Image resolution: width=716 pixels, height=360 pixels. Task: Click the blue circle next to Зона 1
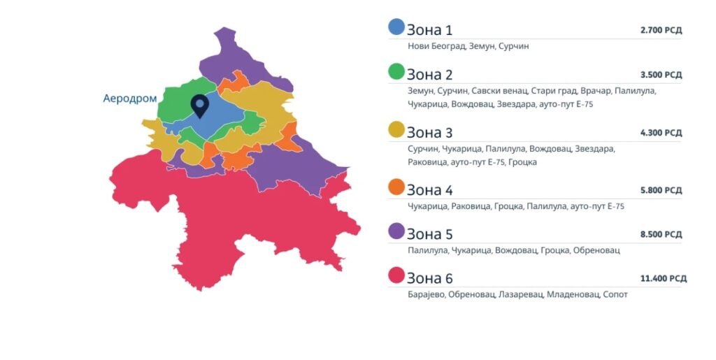click(396, 27)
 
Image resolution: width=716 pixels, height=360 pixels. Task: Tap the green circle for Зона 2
click(396, 71)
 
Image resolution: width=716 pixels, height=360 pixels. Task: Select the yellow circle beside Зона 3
click(396, 129)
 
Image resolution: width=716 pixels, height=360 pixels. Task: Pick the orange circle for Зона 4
click(396, 187)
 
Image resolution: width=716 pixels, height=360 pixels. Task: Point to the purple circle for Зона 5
click(396, 231)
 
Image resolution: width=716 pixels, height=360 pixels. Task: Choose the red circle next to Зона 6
click(396, 275)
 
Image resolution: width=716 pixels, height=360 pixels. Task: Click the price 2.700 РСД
click(661, 31)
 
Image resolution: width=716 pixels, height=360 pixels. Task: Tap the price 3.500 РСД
click(661, 75)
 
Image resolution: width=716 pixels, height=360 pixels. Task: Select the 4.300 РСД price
click(661, 133)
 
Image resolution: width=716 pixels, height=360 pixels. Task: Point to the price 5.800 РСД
click(661, 190)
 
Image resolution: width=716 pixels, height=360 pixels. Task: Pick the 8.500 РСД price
click(661, 234)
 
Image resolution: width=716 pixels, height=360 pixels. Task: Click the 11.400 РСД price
click(663, 278)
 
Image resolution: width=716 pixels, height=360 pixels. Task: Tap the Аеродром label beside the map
click(130, 99)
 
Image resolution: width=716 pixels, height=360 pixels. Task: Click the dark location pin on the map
click(200, 106)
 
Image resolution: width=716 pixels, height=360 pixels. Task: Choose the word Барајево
click(426, 294)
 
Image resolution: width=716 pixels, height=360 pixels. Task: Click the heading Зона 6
click(430, 278)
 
